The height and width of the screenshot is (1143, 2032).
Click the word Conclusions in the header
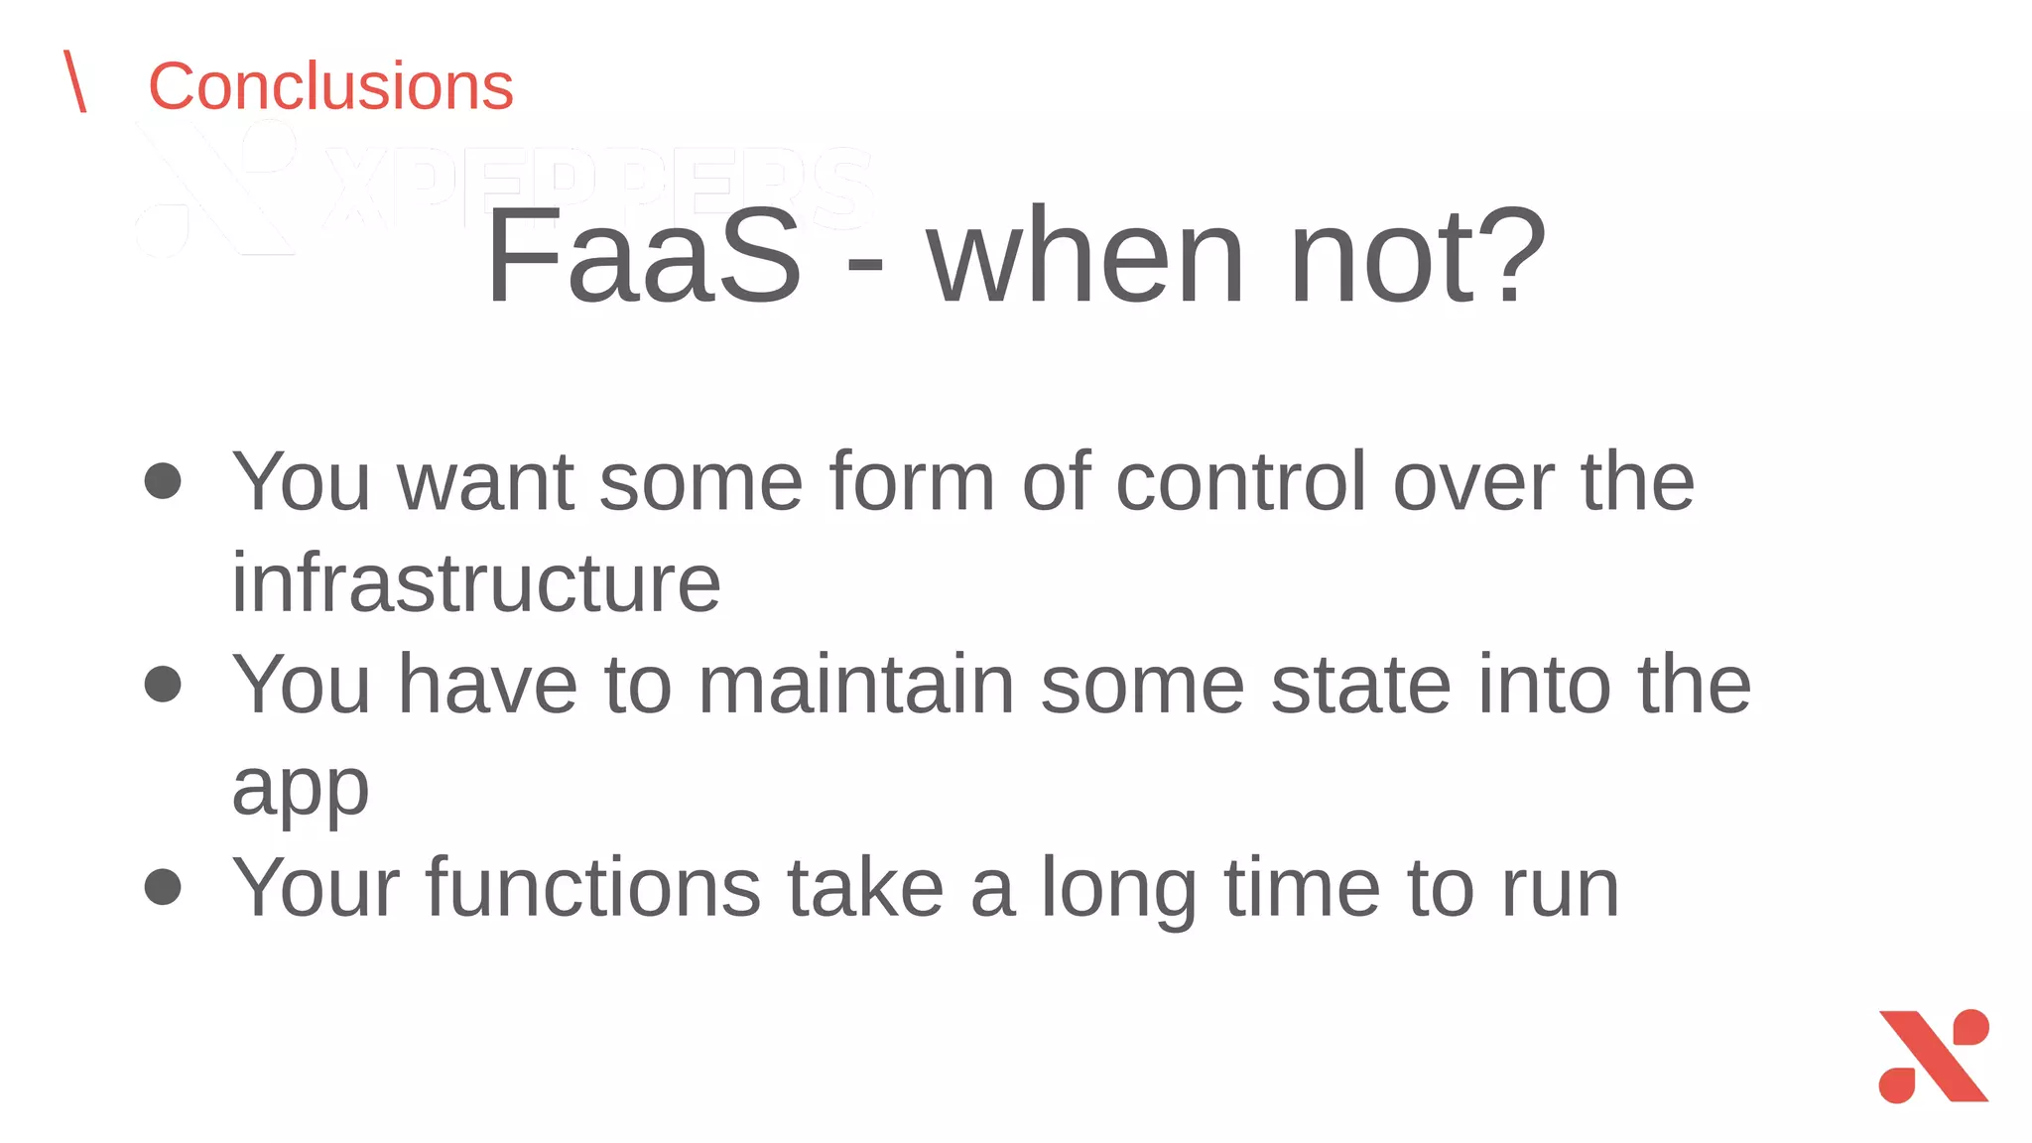pos(330,86)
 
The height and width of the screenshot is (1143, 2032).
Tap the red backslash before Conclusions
pos(75,81)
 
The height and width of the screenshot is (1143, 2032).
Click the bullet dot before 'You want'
pos(163,481)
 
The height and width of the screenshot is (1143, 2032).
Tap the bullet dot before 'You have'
pos(163,684)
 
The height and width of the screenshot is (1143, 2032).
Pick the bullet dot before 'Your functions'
pos(163,886)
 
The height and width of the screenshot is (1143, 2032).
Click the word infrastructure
pos(476,583)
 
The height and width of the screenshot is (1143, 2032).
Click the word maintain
pos(856,685)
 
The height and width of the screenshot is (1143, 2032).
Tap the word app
pos(301,790)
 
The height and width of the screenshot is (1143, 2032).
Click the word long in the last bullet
pos(1118,889)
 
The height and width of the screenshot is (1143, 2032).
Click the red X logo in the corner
pos(1934,1056)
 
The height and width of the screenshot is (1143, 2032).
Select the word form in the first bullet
pos(912,481)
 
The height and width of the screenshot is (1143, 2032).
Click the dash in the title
pos(864,264)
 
